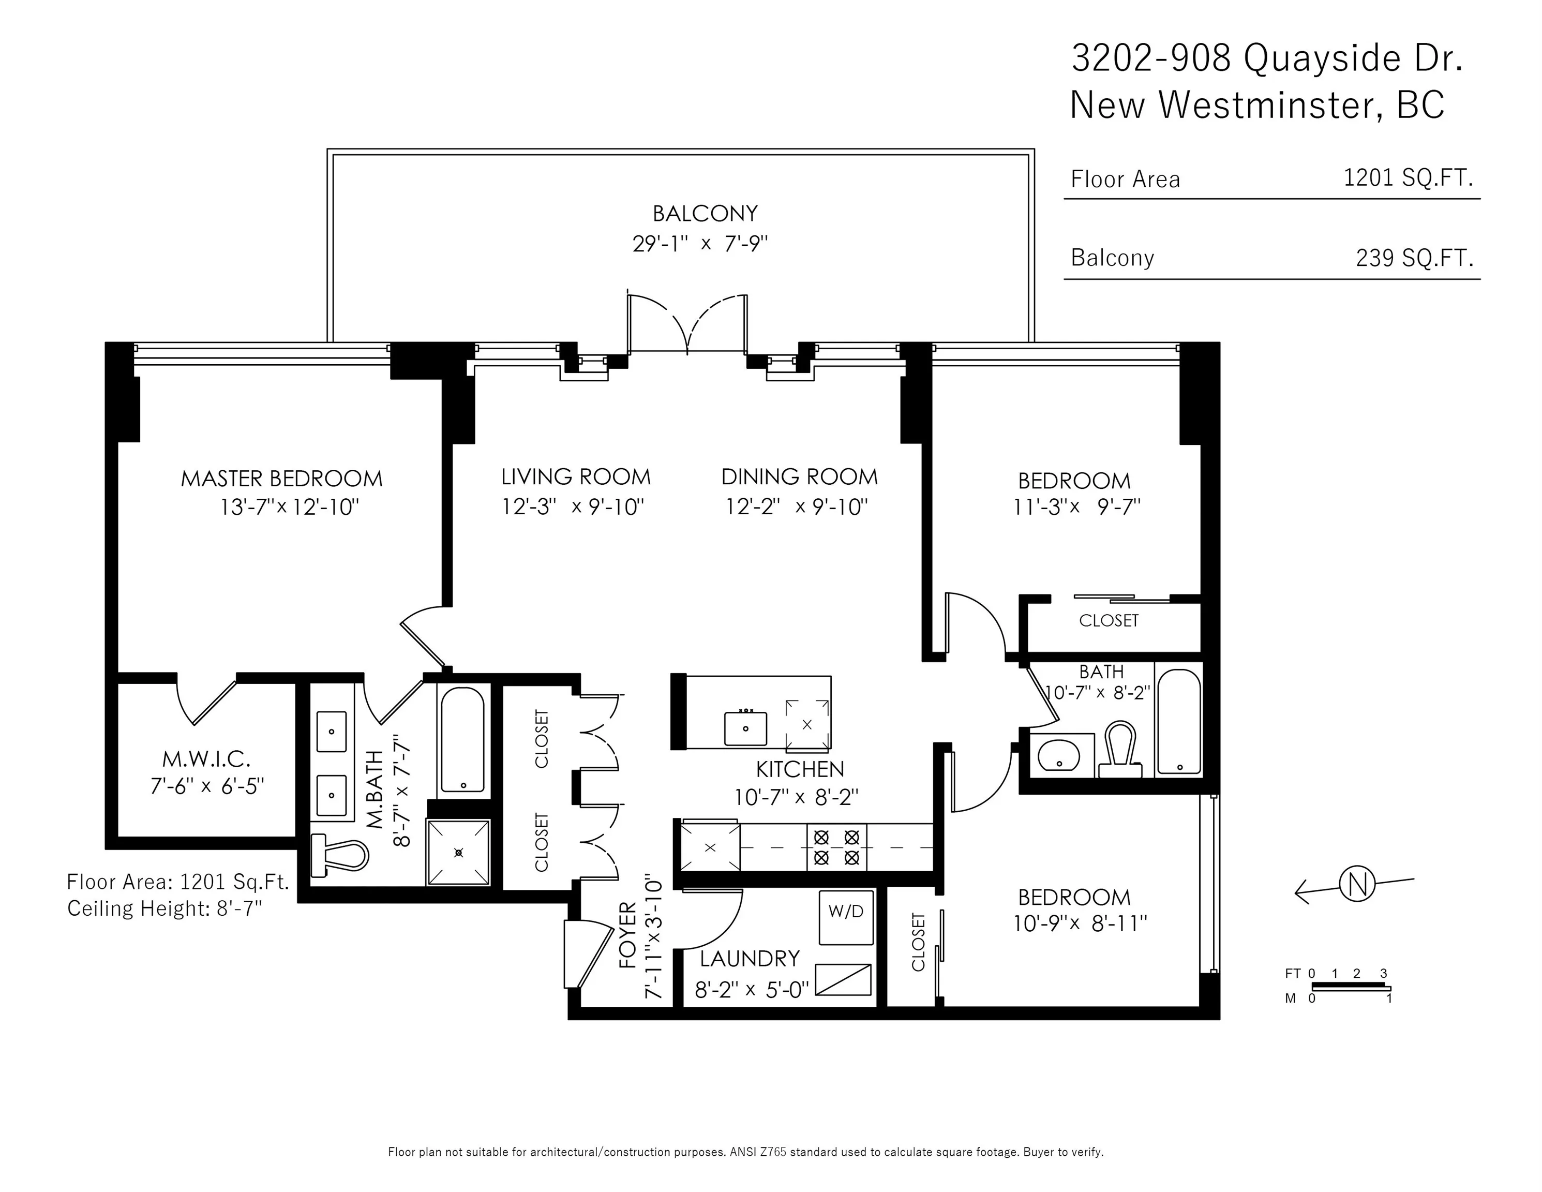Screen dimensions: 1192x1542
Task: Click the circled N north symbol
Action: [x=1356, y=884]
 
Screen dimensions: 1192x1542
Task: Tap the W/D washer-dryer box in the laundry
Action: [x=846, y=917]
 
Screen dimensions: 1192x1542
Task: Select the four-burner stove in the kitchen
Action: [x=836, y=847]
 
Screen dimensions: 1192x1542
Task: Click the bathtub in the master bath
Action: [x=462, y=739]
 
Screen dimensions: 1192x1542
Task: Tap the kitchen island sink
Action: [x=745, y=728]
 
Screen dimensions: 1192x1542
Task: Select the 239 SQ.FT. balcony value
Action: [x=1414, y=258]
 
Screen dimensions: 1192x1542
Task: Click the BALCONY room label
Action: [x=705, y=213]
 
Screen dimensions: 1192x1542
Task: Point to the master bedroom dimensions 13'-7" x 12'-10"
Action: [x=290, y=507]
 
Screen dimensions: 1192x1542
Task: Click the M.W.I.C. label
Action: [x=206, y=759]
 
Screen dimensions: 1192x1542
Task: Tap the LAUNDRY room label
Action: [x=750, y=958]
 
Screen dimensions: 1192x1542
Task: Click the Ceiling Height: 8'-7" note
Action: [x=164, y=908]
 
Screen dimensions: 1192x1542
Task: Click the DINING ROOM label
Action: [x=799, y=476]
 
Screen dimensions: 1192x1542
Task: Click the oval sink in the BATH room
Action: [x=1058, y=755]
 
